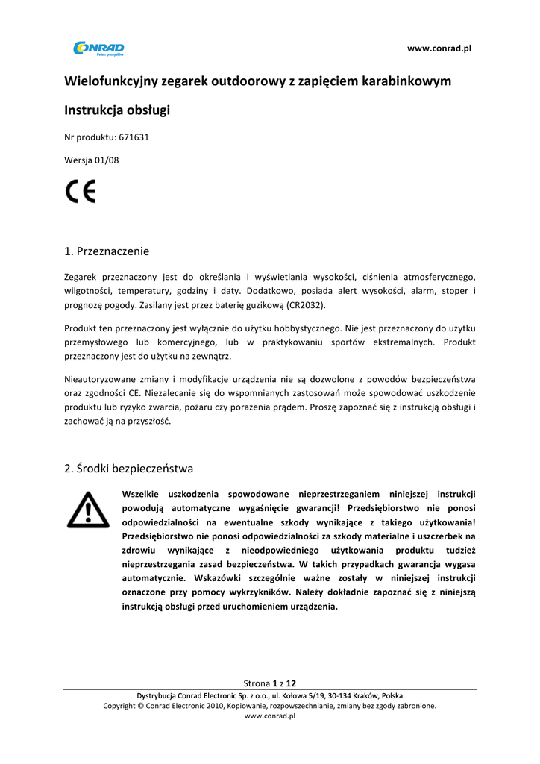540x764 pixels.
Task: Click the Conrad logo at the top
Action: (98, 48)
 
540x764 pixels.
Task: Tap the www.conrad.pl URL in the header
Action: (439, 48)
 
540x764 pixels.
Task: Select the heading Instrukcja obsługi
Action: (117, 110)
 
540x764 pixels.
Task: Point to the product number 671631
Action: (134, 137)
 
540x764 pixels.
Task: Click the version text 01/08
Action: (108, 159)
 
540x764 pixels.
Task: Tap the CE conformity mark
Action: (80, 192)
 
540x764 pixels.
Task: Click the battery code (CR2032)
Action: (306, 305)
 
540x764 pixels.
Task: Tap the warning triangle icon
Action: (88, 510)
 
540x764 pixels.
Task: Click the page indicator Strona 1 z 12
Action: (270, 683)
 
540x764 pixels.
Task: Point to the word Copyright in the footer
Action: (120, 705)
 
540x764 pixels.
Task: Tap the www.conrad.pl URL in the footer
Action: (270, 716)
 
